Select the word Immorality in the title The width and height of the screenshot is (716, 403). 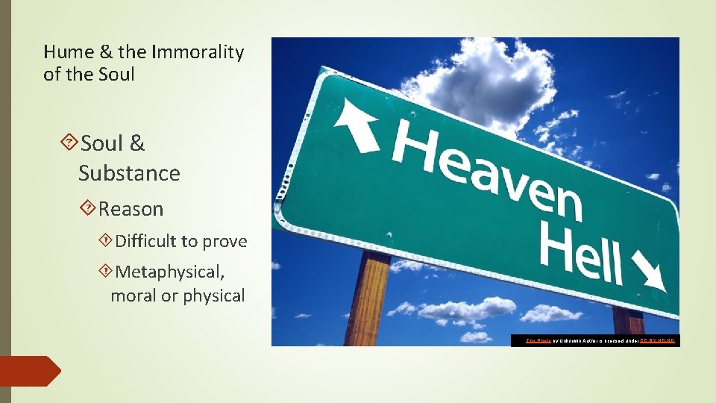[198, 51]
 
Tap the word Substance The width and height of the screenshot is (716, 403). [129, 173]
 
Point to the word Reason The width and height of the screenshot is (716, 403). [131, 209]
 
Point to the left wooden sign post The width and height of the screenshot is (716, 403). [366, 299]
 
